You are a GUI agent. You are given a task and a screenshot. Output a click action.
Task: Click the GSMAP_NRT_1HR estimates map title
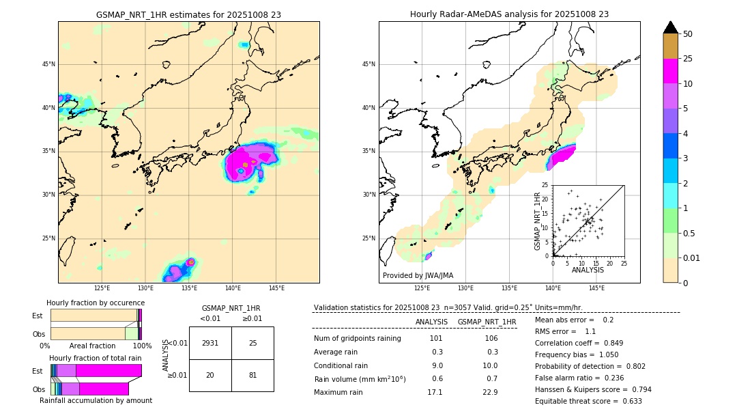point(188,14)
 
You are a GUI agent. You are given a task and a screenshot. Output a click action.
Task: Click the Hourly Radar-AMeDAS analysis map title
point(509,14)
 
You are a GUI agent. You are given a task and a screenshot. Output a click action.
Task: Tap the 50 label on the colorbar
point(688,34)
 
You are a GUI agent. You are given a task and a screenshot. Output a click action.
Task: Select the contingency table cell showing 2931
point(210,343)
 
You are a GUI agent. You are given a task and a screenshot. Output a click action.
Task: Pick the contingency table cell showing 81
point(252,375)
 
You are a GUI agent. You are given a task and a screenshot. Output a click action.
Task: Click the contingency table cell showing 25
point(252,343)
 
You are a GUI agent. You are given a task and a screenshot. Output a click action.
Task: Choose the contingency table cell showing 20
point(210,375)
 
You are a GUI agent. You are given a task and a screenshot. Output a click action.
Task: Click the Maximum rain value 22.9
point(491,392)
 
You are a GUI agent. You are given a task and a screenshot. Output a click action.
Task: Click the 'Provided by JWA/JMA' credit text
point(418,276)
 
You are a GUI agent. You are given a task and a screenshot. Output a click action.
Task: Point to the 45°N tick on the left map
point(48,64)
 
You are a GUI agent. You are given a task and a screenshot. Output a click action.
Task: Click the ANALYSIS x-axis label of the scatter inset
point(588,270)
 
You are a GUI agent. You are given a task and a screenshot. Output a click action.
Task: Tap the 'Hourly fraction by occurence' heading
point(96,303)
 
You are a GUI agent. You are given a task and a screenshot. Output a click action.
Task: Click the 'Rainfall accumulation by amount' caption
point(96,400)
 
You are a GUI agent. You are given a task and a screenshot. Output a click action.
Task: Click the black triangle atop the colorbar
point(671,27)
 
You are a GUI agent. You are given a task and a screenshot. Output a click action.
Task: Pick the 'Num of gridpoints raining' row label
point(358,339)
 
